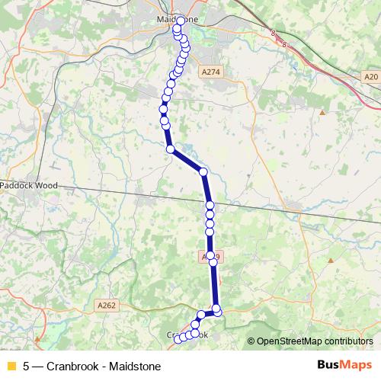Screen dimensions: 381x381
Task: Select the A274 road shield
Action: pyautogui.click(x=211, y=72)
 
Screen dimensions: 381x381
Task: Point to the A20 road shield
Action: pyautogui.click(x=371, y=76)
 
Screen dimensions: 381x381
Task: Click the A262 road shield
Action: pyautogui.click(x=107, y=305)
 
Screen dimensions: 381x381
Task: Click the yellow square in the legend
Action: pyautogui.click(x=11, y=366)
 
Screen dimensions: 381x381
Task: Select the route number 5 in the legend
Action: pyautogui.click(x=27, y=366)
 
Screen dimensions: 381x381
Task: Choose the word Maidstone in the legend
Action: pyautogui.click(x=135, y=366)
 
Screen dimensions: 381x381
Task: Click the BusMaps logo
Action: pyautogui.click(x=344, y=365)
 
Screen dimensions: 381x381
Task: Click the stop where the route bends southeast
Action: pyautogui.click(x=170, y=149)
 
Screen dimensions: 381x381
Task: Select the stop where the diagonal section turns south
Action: pyautogui.click(x=203, y=172)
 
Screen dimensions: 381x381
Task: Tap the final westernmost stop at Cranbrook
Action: pyautogui.click(x=181, y=339)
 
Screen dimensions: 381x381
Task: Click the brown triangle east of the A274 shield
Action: pyautogui.click(x=322, y=113)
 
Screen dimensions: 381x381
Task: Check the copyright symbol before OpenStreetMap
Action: pyautogui.click(x=251, y=341)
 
